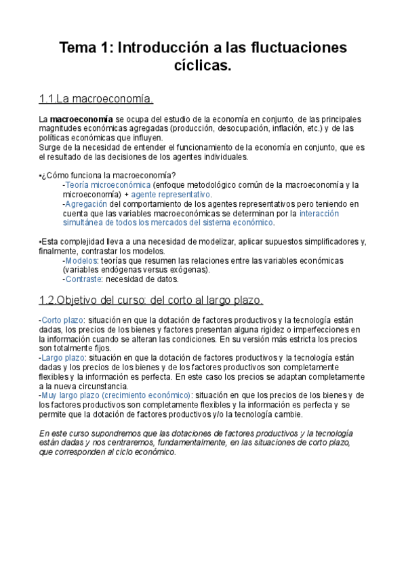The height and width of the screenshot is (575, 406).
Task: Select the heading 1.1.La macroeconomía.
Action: click(96, 100)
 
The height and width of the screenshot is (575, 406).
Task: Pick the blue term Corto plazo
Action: click(60, 320)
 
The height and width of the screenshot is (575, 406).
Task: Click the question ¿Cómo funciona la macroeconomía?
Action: click(108, 175)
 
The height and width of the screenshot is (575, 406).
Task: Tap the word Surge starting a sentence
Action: click(50, 147)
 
